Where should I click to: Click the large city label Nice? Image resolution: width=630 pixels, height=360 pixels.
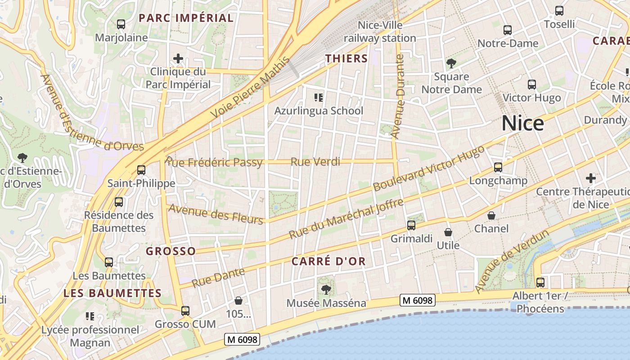522,123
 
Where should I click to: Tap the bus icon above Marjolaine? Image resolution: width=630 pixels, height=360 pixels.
121,24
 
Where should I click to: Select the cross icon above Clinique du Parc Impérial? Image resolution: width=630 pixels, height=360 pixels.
178,58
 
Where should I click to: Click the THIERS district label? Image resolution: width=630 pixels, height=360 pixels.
346,58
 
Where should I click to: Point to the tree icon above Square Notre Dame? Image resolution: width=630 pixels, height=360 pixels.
451,63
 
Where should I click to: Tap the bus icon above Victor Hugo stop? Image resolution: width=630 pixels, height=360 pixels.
532,85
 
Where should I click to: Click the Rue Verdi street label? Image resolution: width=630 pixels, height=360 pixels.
315,162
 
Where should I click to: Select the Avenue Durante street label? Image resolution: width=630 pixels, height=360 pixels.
398,96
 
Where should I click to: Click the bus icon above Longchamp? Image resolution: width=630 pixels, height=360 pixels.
498,167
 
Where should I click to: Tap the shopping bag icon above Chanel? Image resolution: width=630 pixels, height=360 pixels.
491,216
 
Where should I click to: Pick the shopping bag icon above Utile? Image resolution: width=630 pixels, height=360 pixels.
448,232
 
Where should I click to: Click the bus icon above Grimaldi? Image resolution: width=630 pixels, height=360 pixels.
411,225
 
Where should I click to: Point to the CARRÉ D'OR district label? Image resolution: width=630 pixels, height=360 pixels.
328,261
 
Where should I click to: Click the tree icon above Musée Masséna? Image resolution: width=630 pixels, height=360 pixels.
326,290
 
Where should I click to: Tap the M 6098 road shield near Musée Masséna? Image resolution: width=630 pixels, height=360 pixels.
418,300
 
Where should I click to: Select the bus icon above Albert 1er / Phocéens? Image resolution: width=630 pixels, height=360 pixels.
540,283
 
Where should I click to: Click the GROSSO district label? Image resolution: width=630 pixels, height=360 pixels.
171,251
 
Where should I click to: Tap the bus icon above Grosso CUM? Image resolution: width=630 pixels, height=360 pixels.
185,310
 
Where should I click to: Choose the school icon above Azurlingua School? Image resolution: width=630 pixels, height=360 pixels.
319,97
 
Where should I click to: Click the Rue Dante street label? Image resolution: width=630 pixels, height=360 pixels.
218,277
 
